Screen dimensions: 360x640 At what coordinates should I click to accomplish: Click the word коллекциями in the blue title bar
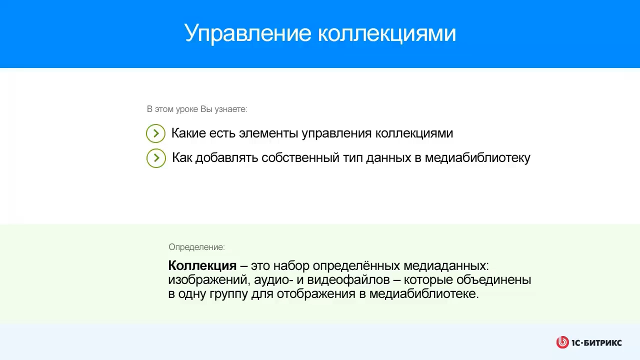386,33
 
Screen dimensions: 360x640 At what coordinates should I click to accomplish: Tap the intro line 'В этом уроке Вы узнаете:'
197,109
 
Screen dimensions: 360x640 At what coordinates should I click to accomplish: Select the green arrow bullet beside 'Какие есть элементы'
156,133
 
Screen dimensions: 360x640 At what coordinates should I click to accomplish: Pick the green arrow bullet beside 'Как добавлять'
156,158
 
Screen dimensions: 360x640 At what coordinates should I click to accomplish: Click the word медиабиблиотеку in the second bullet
477,158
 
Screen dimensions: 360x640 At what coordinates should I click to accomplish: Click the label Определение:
196,247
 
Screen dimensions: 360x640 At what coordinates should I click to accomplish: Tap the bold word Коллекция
202,265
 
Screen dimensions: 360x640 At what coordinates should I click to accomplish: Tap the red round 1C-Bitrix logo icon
562,342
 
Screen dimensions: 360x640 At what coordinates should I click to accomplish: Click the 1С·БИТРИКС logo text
596,342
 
